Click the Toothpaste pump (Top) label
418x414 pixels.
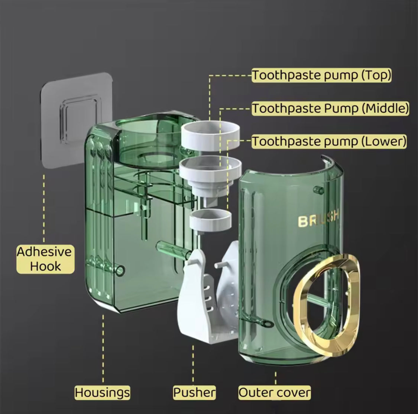[321, 75]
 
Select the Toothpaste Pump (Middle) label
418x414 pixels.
[330, 108]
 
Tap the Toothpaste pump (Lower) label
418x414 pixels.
[329, 141]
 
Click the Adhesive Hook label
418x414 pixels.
[45, 259]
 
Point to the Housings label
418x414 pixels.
[103, 392]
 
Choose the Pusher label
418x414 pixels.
[194, 392]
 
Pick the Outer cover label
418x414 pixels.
[275, 392]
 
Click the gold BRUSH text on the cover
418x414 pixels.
[318, 218]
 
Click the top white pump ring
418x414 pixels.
[210, 136]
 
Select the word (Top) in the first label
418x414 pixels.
[376, 75]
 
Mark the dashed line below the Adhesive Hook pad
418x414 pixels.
[44, 208]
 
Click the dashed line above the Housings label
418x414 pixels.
[103, 349]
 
